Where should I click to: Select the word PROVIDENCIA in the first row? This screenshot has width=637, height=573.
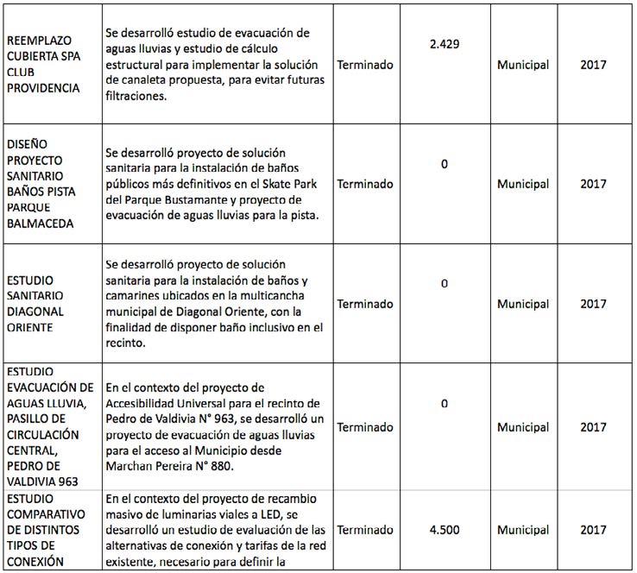44,89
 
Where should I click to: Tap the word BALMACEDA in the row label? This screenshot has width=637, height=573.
41,224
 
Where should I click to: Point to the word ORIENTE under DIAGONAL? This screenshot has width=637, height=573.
31,328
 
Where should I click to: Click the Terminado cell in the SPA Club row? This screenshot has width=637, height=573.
365,65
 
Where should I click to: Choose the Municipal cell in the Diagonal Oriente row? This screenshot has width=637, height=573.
523,305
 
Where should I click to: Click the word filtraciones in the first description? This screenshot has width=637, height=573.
141,98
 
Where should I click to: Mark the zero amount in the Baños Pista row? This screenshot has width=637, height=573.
445,163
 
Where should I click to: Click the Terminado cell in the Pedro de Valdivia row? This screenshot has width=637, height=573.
365,427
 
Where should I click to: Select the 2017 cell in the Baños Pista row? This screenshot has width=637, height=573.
593,184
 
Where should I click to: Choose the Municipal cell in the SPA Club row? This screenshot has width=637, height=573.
523,65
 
